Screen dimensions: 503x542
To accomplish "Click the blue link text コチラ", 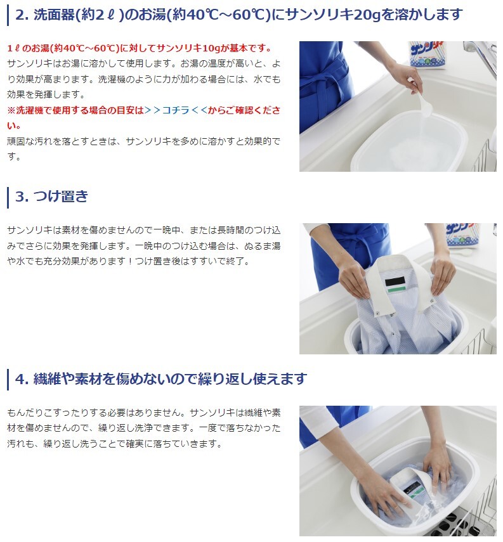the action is [x=176, y=110].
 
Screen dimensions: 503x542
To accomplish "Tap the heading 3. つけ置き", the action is [x=51, y=197].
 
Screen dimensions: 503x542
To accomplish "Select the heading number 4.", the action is [x=22, y=379].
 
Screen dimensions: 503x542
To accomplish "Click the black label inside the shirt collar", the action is [x=395, y=281].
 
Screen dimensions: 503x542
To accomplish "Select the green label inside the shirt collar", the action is [x=396, y=290].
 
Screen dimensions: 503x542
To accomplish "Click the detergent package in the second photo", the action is [x=462, y=235].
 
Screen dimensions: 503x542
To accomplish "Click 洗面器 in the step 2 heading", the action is [x=55, y=15].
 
